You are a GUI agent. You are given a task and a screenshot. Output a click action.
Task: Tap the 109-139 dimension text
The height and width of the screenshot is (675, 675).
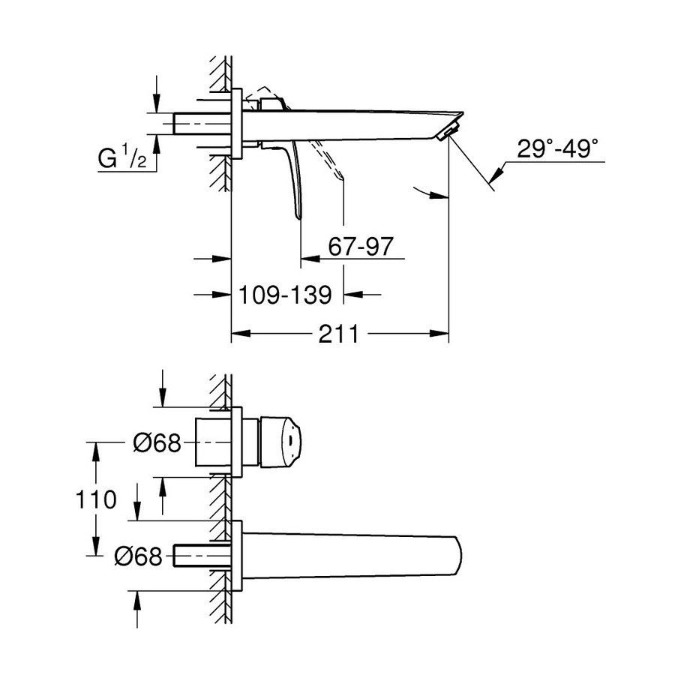tap(285, 295)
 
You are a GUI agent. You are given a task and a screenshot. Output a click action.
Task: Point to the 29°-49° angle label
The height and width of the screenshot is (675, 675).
tap(558, 148)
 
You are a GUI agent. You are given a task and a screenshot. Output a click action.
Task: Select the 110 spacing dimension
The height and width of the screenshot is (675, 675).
tap(95, 499)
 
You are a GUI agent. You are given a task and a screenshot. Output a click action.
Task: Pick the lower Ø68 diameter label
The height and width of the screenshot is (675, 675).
tap(138, 556)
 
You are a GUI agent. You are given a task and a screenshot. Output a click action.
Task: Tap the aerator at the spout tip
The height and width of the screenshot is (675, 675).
tap(445, 134)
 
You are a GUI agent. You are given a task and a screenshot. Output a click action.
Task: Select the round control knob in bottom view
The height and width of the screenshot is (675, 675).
tap(280, 442)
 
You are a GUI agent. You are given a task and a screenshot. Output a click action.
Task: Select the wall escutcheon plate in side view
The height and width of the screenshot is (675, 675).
tap(237, 124)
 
